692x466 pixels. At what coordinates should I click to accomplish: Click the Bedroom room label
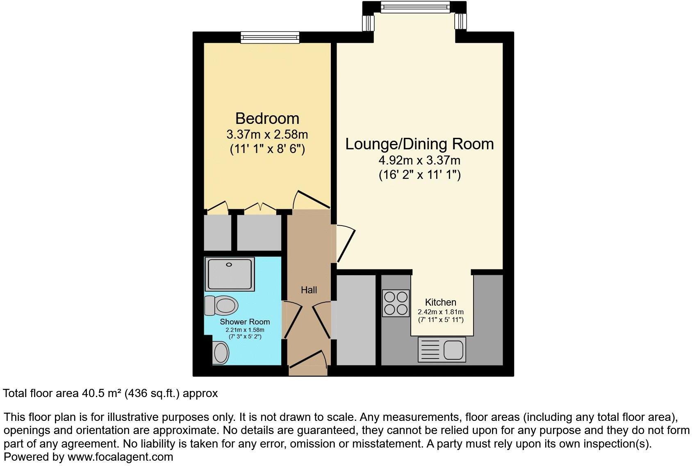point(267,119)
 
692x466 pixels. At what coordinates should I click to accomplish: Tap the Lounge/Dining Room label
point(419,144)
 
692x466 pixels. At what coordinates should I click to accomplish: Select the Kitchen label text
point(440,302)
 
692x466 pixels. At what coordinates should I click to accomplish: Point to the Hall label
point(309,290)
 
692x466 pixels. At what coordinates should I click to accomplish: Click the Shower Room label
point(245,322)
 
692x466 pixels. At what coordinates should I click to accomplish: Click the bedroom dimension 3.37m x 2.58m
point(267,135)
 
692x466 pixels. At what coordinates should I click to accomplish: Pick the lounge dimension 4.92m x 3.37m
point(419,160)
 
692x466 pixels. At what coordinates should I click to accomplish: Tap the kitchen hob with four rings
point(396,303)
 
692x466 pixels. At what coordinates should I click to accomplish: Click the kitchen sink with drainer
point(442,349)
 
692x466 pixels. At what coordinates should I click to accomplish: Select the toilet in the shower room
point(222,305)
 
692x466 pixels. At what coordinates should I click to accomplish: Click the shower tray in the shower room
point(230,273)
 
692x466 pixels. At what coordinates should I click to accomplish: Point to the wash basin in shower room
point(221,352)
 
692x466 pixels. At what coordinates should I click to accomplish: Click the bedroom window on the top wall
point(270,37)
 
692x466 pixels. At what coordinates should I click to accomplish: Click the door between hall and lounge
point(345,244)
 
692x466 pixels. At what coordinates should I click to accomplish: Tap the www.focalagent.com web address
point(120,457)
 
